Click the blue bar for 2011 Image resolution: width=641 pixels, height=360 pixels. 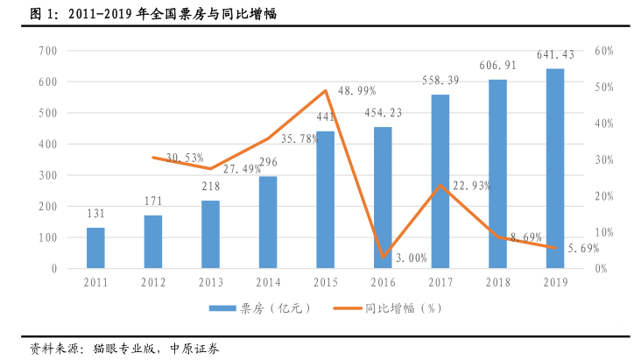coord(95,248)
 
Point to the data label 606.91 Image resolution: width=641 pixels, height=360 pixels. coord(497,66)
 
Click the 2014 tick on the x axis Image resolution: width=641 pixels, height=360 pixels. coord(268,282)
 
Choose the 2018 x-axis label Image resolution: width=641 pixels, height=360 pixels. coord(497,282)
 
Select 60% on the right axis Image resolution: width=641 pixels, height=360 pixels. coord(603,51)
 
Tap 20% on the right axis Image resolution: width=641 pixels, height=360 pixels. coord(603,196)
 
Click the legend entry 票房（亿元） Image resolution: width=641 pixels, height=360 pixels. coord(259,308)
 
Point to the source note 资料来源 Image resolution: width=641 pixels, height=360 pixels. coord(123,348)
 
